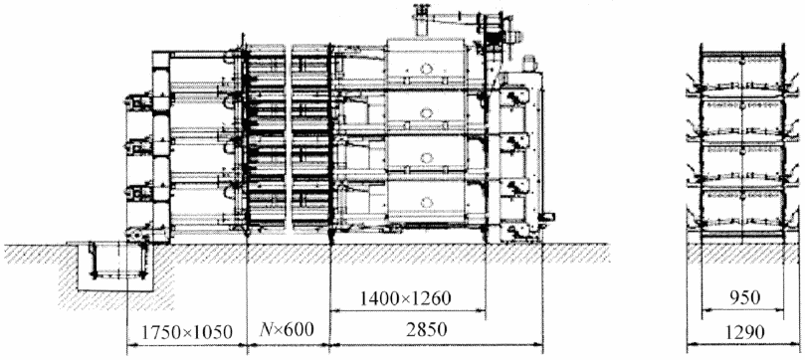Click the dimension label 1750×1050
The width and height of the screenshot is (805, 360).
coord(186,332)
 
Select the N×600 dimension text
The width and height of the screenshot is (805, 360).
coord(287,329)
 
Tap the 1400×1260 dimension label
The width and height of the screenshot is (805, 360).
coord(406,298)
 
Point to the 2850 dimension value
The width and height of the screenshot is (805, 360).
coord(427,330)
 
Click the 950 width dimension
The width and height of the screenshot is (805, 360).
coord(743,297)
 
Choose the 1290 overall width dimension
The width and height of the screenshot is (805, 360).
coord(744,332)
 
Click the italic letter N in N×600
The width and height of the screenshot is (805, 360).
coord(266,329)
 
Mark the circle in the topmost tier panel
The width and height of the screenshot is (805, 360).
coord(426,69)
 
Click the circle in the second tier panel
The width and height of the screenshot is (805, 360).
coord(426,112)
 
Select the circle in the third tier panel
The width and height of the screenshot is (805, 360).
coord(426,157)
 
